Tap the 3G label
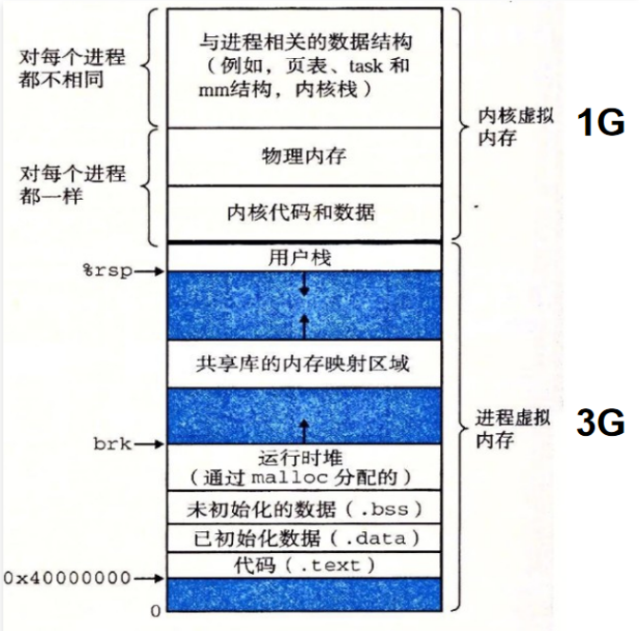600,423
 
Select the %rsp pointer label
106,271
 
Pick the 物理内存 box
303,155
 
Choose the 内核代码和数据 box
303,211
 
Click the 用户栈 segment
303,256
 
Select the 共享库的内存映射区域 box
303,363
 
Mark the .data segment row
303,538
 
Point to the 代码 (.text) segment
303,565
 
